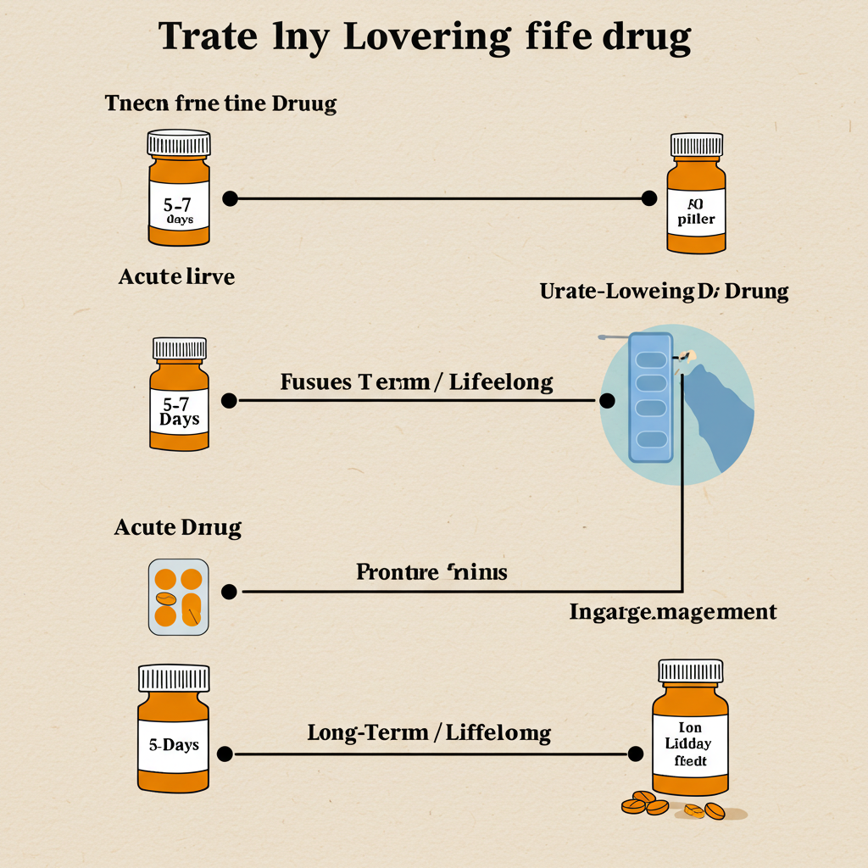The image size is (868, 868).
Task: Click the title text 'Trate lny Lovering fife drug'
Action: (425, 37)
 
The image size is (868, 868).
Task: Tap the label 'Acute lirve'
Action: (176, 276)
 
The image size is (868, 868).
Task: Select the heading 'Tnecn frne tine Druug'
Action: (220, 104)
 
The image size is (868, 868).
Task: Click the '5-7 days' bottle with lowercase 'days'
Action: (179, 191)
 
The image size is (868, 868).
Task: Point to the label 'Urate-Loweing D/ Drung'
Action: (664, 292)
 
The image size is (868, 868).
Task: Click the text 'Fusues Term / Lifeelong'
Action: (416, 382)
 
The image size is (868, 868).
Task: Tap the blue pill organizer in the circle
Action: (651, 398)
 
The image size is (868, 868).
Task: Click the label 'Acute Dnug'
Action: (178, 528)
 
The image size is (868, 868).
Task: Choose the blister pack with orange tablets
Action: (179, 597)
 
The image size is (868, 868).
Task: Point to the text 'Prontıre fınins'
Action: (431, 572)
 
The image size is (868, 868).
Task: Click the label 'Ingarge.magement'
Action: (673, 611)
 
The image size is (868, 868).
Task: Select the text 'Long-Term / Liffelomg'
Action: (429, 732)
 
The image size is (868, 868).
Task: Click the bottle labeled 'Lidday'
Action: (691, 733)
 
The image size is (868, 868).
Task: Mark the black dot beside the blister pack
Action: (228, 592)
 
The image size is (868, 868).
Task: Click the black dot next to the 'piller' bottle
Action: (649, 198)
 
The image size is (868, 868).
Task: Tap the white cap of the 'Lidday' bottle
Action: (691, 671)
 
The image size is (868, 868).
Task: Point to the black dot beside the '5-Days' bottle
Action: (225, 754)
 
